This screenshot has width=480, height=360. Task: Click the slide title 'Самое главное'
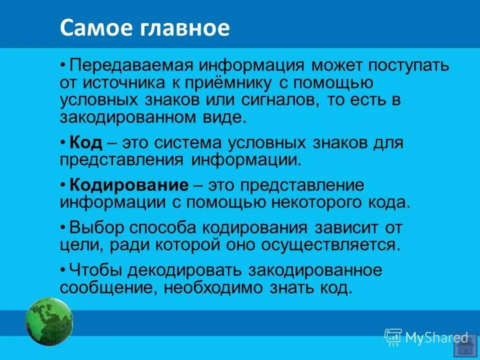point(144,28)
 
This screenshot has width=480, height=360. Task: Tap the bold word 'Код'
point(85,143)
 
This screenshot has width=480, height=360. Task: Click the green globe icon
point(49,321)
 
